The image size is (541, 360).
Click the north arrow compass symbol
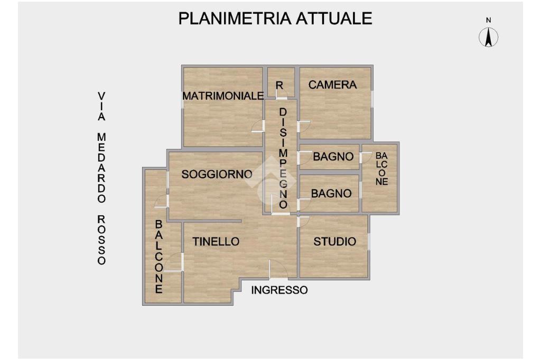[489, 36]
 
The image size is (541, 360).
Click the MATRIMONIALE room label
[223, 96]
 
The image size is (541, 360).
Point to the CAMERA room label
[332, 84]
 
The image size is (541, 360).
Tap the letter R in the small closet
[279, 85]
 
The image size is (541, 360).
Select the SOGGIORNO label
[217, 174]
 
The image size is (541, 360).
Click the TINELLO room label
[216, 242]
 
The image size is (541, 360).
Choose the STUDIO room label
[334, 242]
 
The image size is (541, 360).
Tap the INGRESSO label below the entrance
[279, 290]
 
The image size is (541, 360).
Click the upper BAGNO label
[333, 157]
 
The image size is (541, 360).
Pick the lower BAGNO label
[331, 194]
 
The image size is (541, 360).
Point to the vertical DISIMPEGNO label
[283, 158]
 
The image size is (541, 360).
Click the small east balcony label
[381, 168]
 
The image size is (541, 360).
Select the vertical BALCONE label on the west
[158, 257]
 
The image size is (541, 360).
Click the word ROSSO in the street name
[101, 240]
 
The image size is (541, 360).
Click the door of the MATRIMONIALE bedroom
[258, 126]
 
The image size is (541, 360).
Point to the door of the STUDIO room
[303, 221]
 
